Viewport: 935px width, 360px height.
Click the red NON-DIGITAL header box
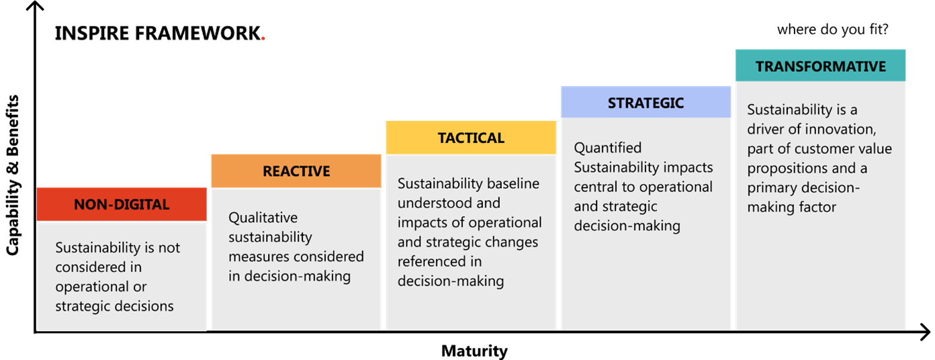pos(122,204)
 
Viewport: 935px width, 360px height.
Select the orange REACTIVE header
pos(296,171)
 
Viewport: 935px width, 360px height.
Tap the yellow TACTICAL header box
pos(471,138)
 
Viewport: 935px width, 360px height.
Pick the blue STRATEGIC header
pos(645,102)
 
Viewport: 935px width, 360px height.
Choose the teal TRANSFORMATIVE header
pos(820,66)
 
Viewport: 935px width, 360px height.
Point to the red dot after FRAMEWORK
pos(263,40)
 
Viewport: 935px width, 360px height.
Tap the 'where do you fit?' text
pos(833,30)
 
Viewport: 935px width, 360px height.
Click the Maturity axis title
pos(474,351)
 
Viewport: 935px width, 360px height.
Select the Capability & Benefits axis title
pos(13,175)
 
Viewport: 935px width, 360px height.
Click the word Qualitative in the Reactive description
pos(263,218)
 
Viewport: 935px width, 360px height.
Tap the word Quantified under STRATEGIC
pos(608,148)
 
